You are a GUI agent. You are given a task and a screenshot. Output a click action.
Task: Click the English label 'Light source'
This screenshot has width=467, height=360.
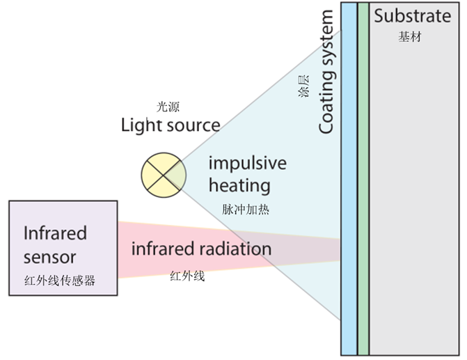171,125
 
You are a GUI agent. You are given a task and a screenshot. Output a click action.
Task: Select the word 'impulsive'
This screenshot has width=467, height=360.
247,164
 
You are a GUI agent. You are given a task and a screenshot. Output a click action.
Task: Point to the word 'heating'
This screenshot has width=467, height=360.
239,186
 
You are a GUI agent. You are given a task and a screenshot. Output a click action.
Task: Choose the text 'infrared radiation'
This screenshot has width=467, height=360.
201,249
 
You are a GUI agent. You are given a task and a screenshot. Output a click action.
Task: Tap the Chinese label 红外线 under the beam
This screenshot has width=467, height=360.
187,276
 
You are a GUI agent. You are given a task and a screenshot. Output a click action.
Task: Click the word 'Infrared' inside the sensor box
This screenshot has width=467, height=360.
55,232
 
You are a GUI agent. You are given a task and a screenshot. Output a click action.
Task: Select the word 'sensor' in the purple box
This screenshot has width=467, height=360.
49,256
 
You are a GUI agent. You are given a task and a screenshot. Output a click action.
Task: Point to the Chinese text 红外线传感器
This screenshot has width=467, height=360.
58,281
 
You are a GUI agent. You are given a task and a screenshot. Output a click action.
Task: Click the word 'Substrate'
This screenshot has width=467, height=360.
412,15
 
